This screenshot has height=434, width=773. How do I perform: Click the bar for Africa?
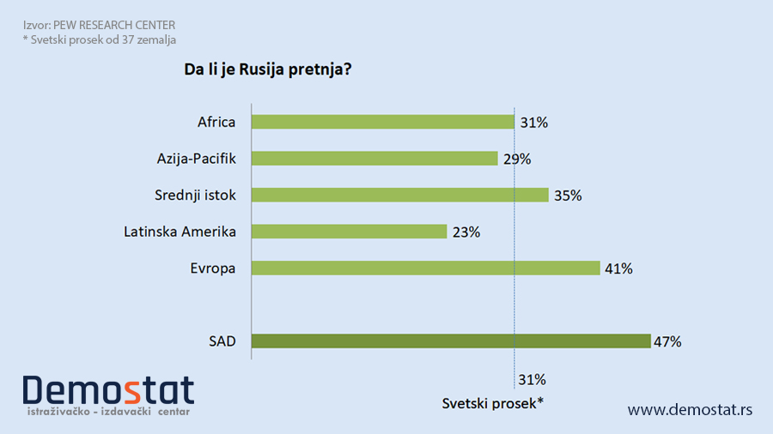coord(382,122)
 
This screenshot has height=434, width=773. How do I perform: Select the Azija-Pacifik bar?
coord(374,159)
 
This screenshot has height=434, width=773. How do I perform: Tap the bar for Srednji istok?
coord(399,195)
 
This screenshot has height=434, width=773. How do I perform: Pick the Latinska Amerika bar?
coord(349,232)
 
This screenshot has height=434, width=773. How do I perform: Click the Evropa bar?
coord(425,268)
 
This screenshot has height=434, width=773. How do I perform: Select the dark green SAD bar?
coord(450,341)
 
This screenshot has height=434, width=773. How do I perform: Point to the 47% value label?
coord(667,341)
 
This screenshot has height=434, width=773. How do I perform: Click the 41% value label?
coord(618,268)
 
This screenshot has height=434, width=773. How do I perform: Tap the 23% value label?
coord(466,232)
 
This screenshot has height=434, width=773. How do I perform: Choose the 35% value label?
coord(568,195)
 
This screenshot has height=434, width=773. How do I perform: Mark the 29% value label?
coord(517,159)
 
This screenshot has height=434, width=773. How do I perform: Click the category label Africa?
coord(216,122)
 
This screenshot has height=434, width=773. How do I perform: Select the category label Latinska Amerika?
coord(180,232)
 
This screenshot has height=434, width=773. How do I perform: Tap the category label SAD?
coord(222,341)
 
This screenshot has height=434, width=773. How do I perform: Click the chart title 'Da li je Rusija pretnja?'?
coord(268,69)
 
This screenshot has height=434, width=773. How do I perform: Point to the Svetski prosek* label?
coord(493,403)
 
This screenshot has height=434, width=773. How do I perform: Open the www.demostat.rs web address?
coord(690,410)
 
